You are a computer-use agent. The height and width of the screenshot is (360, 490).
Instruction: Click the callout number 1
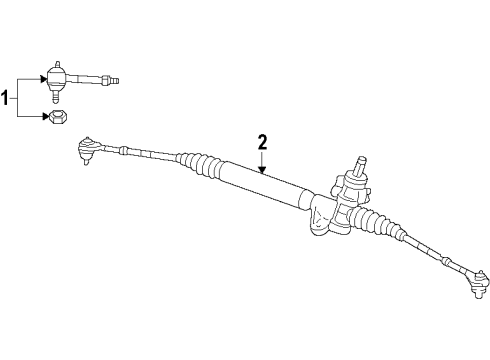pyautogui.click(x=9, y=97)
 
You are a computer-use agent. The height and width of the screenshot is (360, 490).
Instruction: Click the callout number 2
pyautogui.click(x=263, y=143)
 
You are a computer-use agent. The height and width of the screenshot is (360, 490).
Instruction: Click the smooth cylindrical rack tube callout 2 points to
pyautogui.click(x=265, y=186)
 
